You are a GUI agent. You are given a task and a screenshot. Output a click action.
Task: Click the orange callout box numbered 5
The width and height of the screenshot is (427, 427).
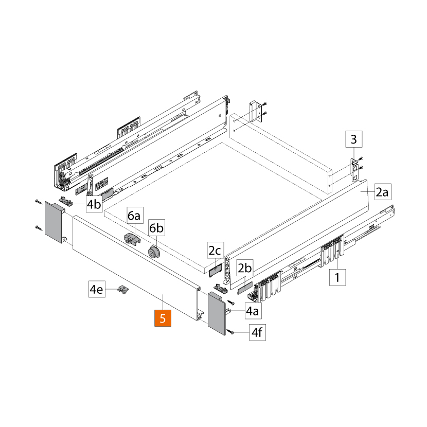tap(163, 318)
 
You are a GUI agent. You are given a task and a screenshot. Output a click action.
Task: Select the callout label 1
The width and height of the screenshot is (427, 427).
tap(337, 277)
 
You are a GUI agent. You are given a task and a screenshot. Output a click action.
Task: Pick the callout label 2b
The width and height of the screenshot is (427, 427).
tap(244, 268)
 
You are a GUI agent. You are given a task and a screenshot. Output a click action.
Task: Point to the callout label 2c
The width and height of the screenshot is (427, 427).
tap(215, 251)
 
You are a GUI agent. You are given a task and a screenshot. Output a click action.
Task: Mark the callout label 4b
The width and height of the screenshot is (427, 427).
tap(94, 204)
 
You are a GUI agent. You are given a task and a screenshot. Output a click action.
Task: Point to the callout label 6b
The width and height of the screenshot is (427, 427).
tap(156, 227)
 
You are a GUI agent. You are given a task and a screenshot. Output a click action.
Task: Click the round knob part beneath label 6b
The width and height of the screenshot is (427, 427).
tap(153, 252)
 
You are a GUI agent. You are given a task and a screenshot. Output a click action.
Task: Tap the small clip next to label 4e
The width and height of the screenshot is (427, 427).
tap(123, 289)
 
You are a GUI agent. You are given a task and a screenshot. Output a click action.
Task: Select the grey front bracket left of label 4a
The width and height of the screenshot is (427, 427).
tap(217, 314)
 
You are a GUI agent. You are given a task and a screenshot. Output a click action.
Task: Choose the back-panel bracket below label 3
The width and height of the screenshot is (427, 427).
tap(354, 169)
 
